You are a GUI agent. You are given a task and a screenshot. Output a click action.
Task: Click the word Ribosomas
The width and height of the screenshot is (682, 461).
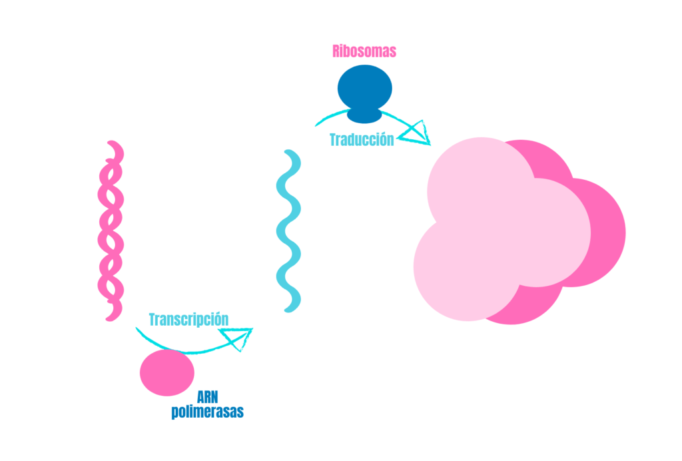coord(364,51)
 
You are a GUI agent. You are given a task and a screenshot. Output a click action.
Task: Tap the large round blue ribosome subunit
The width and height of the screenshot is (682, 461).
coord(364,87)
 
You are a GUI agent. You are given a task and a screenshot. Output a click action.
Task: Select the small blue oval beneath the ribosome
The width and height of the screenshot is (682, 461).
coord(364,116)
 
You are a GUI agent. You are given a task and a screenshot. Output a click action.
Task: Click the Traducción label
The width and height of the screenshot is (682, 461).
coord(362,140)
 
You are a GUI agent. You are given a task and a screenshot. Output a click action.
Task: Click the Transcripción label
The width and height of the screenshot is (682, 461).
coord(188,319)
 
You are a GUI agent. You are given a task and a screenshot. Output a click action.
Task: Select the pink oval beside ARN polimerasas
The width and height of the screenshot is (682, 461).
coord(167,373)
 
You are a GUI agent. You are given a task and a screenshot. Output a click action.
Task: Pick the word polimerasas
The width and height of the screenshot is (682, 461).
coord(207,412)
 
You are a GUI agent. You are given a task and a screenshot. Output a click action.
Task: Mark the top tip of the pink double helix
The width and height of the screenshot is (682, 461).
coord(113,144)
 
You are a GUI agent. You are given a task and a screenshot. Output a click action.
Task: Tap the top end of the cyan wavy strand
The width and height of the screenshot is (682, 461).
coord(289,154)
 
